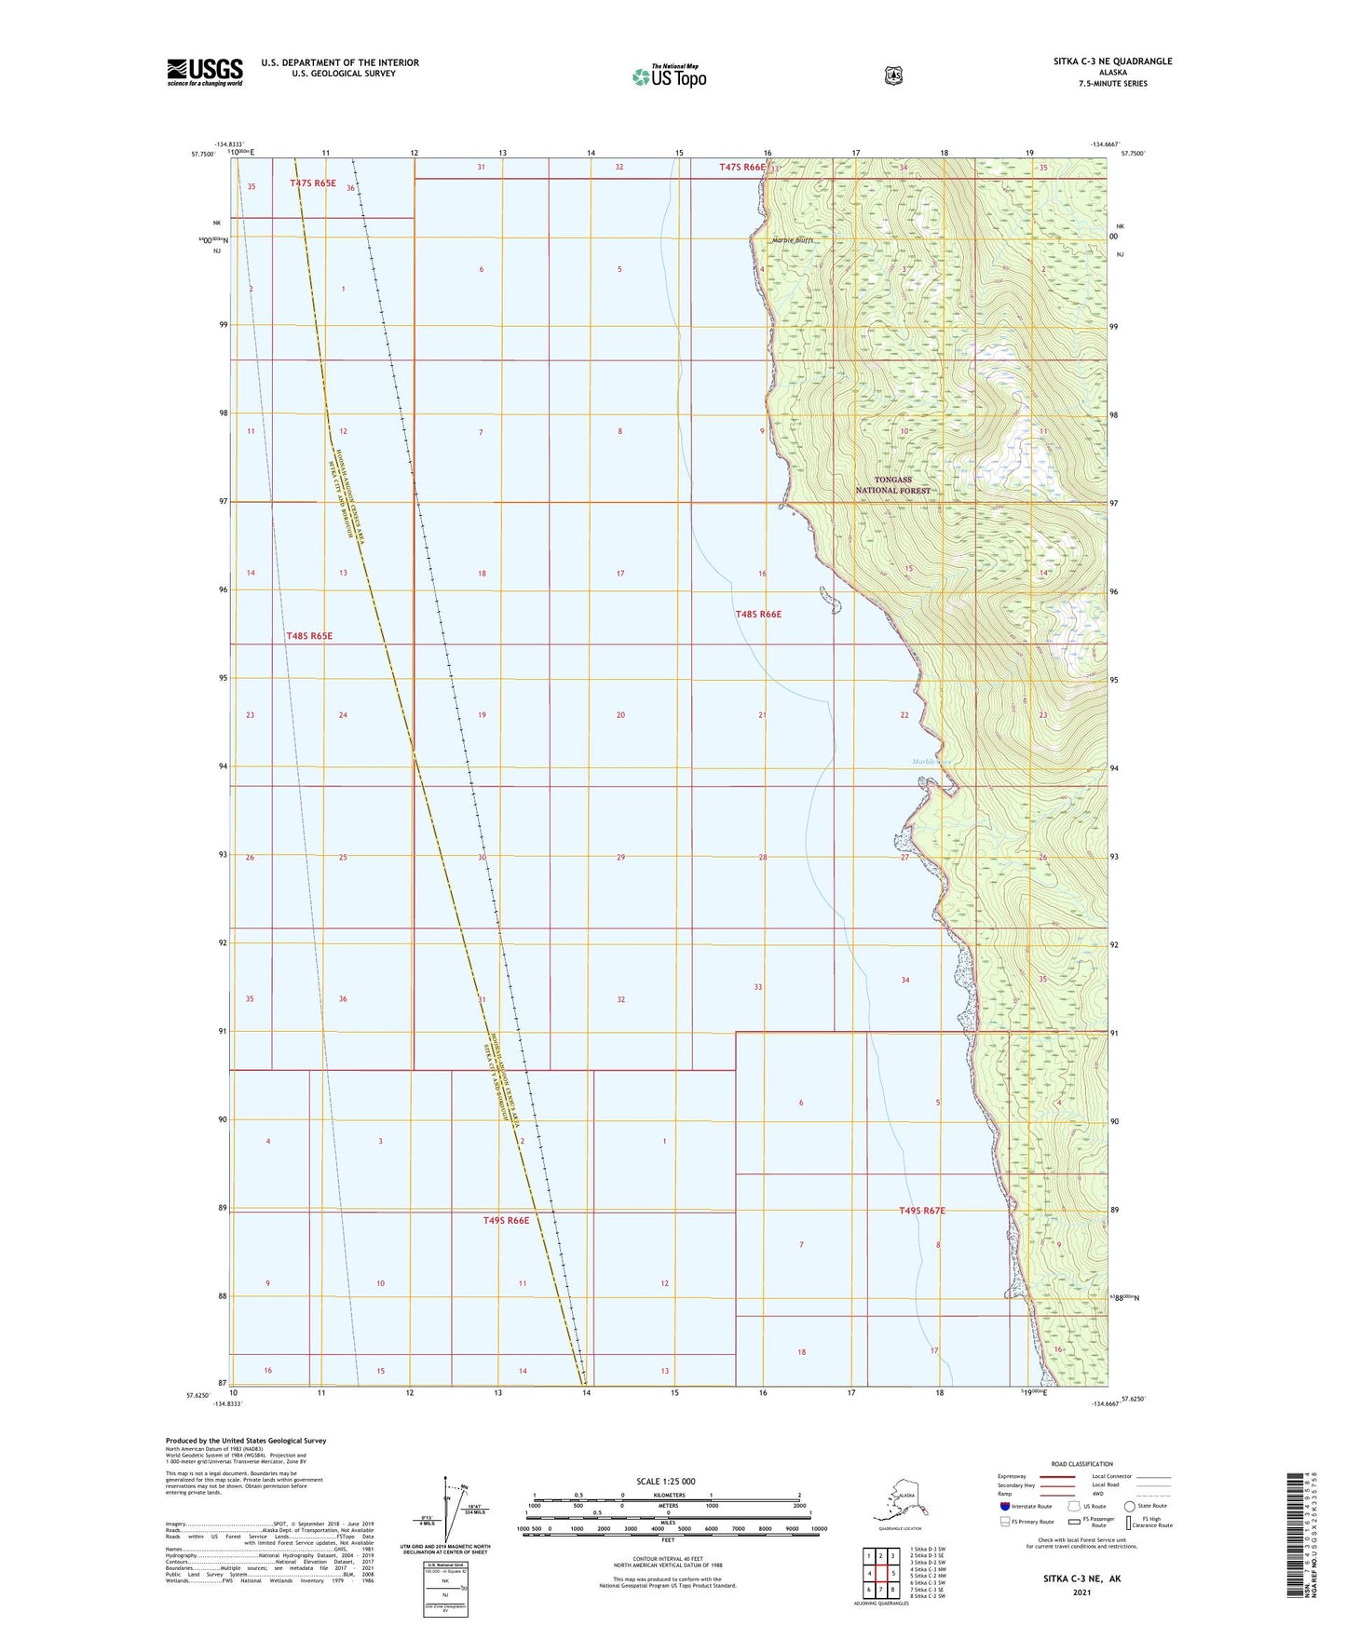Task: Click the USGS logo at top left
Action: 205,72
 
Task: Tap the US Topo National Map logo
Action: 669,76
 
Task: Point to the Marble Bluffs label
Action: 793,240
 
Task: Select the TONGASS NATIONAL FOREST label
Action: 893,485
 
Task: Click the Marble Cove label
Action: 931,762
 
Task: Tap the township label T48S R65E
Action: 309,636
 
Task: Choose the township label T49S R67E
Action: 922,1211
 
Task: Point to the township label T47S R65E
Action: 313,183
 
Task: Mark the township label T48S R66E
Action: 758,615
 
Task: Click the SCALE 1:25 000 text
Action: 665,1482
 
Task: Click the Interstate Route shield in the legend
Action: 1004,1506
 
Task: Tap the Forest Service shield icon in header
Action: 893,75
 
